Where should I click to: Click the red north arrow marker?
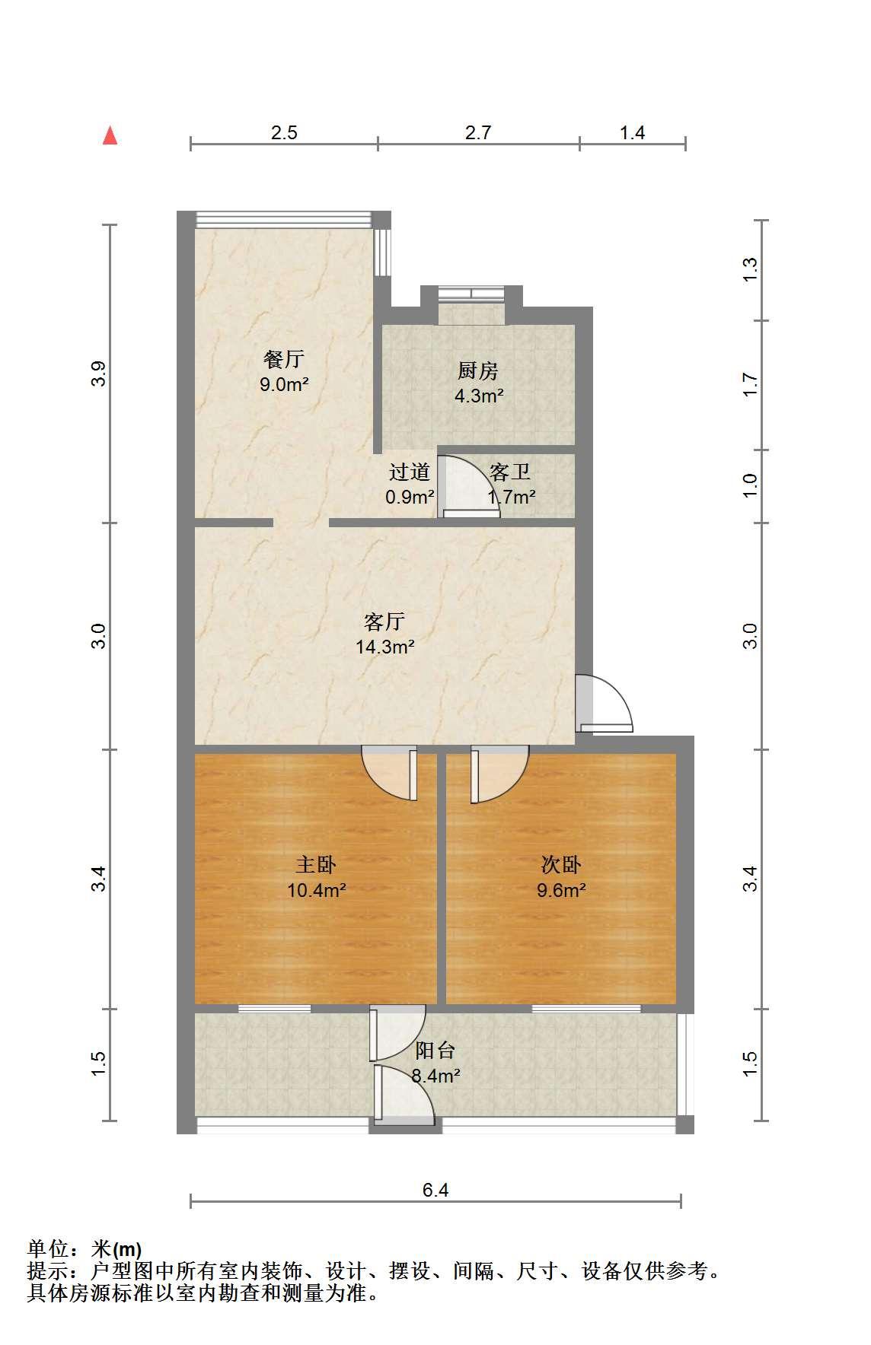click(110, 135)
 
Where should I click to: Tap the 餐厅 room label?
click(283, 358)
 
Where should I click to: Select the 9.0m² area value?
click(284, 384)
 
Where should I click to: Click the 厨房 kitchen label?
click(478, 370)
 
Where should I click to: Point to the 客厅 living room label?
click(384, 622)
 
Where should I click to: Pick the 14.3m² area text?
click(385, 647)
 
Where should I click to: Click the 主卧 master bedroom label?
click(316, 864)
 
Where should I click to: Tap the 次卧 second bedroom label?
click(561, 864)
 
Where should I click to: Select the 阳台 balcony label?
click(435, 1051)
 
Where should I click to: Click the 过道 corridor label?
click(410, 472)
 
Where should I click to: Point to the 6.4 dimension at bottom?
click(435, 1190)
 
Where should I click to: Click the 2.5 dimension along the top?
click(284, 132)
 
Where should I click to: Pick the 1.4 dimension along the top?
click(632, 132)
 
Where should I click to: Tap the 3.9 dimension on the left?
click(98, 374)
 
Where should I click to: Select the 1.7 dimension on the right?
click(750, 384)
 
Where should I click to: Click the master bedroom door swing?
click(390, 774)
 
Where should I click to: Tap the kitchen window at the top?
click(472, 292)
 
